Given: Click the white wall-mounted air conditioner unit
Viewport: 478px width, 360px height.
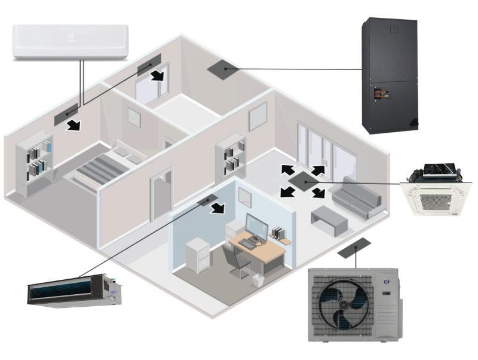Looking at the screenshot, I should click(x=71, y=41).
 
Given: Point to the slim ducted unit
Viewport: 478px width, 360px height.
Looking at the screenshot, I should click(x=74, y=291).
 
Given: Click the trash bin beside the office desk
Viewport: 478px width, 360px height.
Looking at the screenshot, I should click(x=258, y=280).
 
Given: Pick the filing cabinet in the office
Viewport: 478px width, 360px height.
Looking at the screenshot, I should click(x=197, y=255).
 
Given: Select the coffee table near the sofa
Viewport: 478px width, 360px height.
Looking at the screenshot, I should click(x=329, y=219).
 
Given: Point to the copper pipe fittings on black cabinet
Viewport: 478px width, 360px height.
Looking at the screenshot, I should click(x=378, y=93).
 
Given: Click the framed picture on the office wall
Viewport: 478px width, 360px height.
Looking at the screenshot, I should click(x=244, y=196).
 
